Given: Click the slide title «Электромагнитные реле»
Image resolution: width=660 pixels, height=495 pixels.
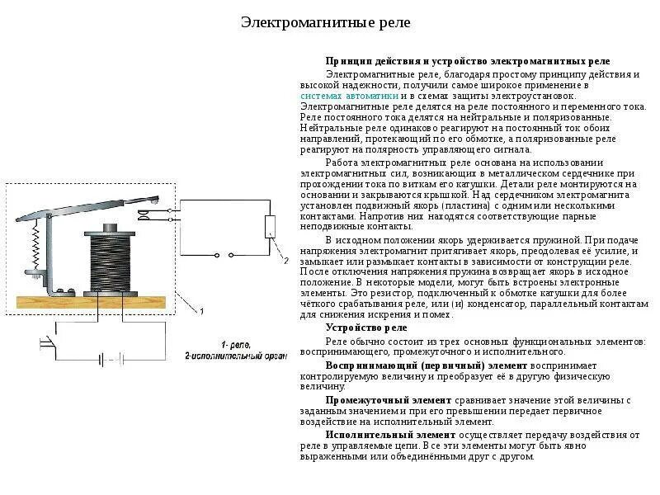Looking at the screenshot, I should pos(325,22).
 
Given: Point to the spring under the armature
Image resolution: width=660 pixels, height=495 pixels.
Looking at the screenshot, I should pos(35,247).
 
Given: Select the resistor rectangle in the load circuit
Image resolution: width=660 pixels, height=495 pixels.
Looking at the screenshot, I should pos(270,226).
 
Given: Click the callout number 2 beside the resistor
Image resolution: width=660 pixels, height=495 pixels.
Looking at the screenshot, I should pos(286,262).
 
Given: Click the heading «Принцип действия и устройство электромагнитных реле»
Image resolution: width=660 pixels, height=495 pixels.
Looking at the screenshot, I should pos(467,61).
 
